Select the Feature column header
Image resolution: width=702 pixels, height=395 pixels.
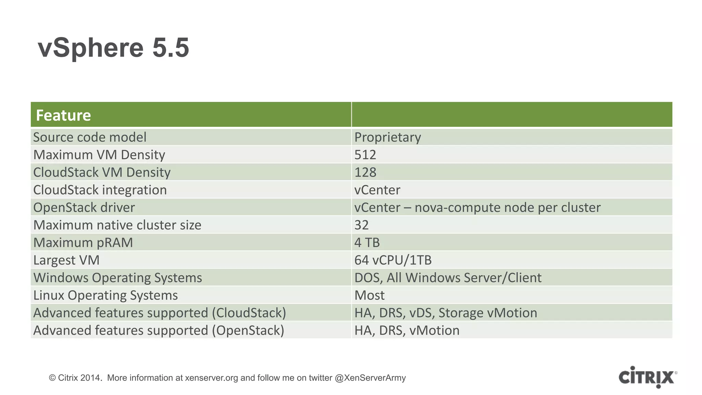(63, 115)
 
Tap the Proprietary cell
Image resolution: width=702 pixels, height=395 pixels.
(387, 137)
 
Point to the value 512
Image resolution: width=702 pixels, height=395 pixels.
(365, 155)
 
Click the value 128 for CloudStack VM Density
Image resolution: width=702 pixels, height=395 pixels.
(365, 172)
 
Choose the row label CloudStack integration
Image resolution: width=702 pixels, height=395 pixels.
(100, 190)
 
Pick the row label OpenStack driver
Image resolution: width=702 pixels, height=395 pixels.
(84, 207)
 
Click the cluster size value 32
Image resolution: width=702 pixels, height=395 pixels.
(361, 225)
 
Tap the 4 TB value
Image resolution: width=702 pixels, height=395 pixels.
(367, 242)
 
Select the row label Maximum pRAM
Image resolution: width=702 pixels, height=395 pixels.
(83, 242)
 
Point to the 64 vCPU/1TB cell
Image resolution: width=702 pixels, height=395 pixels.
(393, 260)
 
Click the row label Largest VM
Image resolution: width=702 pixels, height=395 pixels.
(66, 260)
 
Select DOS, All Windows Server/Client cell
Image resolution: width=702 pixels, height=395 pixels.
(448, 278)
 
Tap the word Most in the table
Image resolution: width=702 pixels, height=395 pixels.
(369, 295)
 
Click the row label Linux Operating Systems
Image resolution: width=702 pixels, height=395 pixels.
(106, 295)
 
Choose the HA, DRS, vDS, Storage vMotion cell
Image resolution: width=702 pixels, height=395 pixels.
(446, 313)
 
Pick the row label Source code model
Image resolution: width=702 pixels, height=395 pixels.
(90, 137)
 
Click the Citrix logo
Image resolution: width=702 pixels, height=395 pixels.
(647, 377)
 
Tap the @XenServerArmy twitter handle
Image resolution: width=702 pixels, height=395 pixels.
(370, 378)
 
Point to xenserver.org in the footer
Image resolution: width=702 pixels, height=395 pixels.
(211, 378)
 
